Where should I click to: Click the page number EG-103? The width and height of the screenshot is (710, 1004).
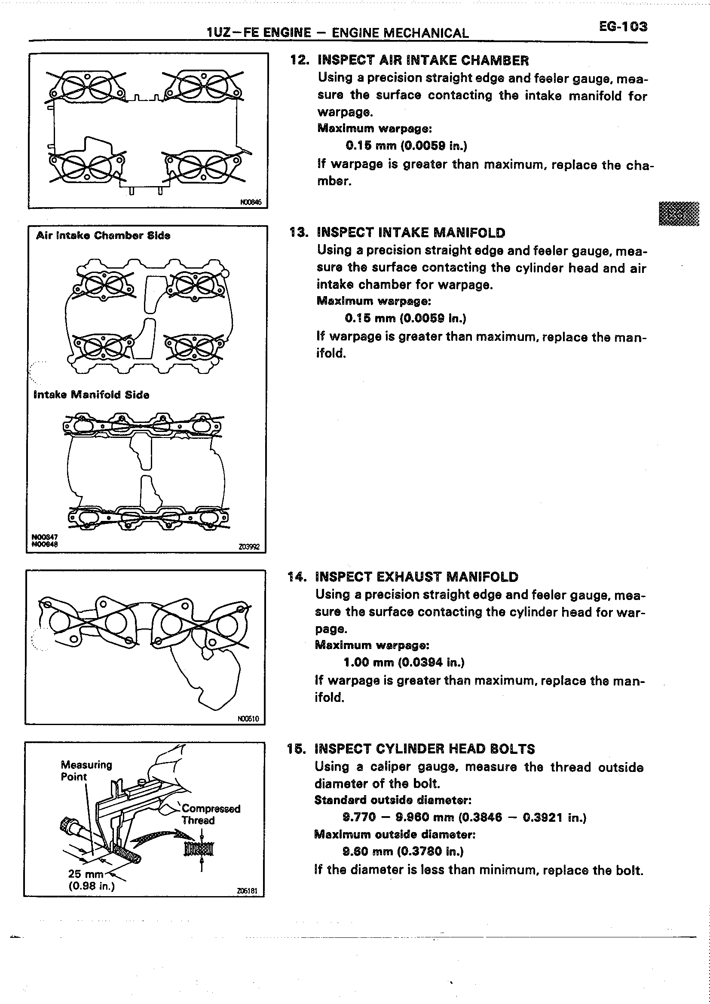623,27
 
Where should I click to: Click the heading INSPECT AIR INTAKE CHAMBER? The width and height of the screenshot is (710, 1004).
423,60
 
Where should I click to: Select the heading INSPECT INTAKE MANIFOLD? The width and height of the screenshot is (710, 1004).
411,233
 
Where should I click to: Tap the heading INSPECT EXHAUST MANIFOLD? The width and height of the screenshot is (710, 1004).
416,577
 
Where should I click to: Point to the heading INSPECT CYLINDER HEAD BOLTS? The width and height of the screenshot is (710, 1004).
425,749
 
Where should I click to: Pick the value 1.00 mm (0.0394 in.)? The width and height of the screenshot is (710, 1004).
404,662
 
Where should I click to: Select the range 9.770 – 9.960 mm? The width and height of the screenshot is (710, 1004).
398,817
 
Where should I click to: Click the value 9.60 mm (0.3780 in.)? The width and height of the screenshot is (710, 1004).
403,851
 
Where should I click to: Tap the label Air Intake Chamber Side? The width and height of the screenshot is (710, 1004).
103,236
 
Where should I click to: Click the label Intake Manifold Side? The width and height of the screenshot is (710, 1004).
92,395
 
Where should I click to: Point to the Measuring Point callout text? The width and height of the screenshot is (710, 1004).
86,771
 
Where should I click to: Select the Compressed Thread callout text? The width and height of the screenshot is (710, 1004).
211,814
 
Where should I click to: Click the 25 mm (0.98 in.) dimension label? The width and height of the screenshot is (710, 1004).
91,880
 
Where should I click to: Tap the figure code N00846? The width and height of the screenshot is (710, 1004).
251,202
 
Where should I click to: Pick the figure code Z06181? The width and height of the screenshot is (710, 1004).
248,891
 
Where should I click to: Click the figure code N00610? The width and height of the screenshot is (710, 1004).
248,719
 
